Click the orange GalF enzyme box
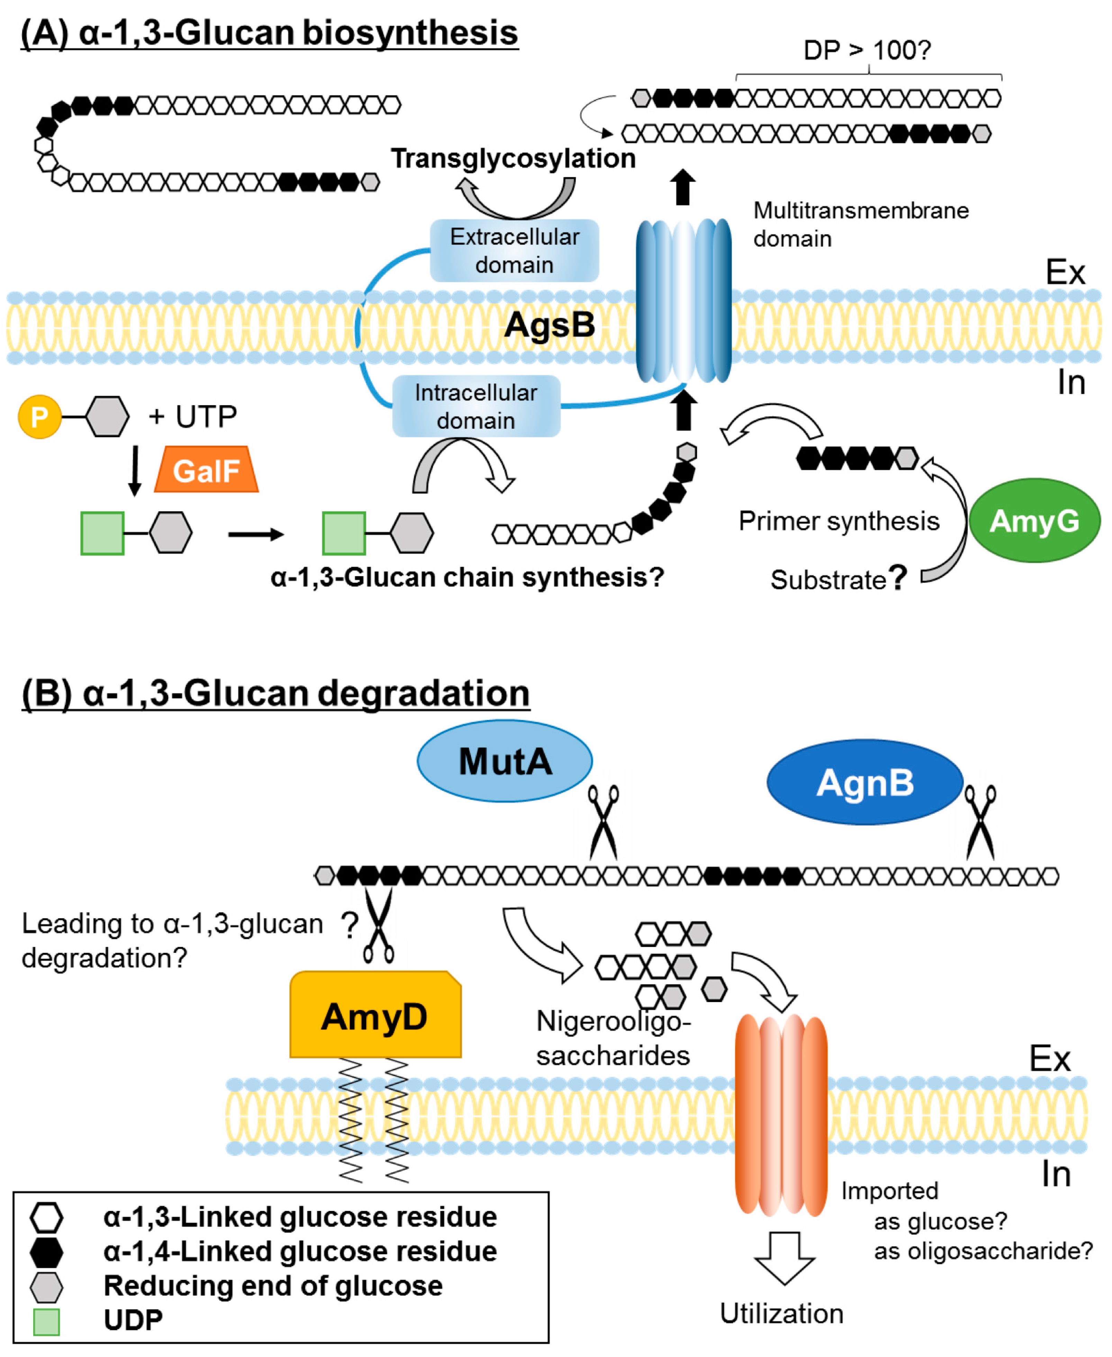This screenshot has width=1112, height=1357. (x=206, y=470)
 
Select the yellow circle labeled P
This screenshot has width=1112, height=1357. (x=40, y=417)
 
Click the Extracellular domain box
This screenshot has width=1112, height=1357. (x=514, y=251)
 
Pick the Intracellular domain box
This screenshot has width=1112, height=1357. (x=476, y=406)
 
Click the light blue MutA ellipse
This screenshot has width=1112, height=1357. (x=505, y=761)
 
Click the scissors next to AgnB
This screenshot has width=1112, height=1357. (x=980, y=822)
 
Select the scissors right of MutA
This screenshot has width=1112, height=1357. (x=603, y=822)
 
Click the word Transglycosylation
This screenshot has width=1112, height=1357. (x=513, y=158)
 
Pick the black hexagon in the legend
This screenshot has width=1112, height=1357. (x=47, y=1252)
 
